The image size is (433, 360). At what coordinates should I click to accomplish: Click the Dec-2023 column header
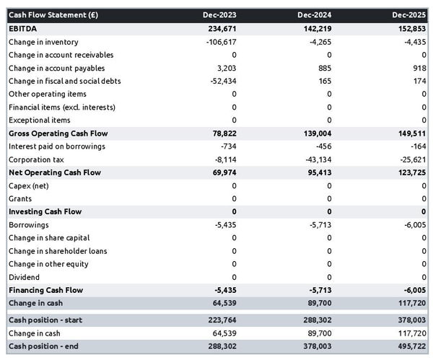click(220, 14)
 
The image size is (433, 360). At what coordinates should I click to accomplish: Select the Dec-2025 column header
click(411, 14)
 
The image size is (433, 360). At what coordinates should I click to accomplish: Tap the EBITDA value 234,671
click(220, 28)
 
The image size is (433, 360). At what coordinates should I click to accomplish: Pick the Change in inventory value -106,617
click(219, 42)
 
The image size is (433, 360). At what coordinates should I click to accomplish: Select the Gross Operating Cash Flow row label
click(58, 133)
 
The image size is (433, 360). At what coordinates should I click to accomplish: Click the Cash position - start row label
click(48, 320)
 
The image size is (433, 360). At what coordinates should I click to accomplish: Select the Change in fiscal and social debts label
click(64, 81)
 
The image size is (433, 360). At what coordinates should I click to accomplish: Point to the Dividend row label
click(24, 277)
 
